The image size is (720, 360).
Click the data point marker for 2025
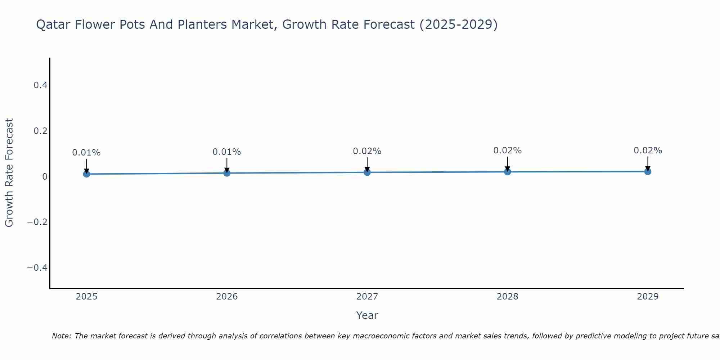pyautogui.click(x=86, y=174)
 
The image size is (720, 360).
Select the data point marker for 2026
pyautogui.click(x=227, y=173)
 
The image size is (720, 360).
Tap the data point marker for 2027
pyautogui.click(x=367, y=172)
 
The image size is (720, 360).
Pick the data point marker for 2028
pyautogui.click(x=508, y=172)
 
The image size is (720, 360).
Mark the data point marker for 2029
pyautogui.click(x=648, y=171)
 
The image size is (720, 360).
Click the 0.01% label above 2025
pyautogui.click(x=86, y=153)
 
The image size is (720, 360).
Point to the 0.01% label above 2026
pyautogui.click(x=227, y=152)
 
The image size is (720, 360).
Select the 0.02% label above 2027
pyautogui.click(x=367, y=151)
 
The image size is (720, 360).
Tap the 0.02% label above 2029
pyautogui.click(x=648, y=150)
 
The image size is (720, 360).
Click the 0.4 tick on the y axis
pyautogui.click(x=41, y=85)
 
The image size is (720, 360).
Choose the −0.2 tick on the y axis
pyautogui.click(x=37, y=222)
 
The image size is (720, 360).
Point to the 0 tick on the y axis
pyautogui.click(x=45, y=176)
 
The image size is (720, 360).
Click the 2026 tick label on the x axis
pyautogui.click(x=227, y=297)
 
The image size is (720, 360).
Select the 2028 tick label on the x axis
pyautogui.click(x=508, y=297)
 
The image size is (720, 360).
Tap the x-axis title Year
pyautogui.click(x=367, y=315)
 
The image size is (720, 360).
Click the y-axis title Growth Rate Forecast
pyautogui.click(x=9, y=172)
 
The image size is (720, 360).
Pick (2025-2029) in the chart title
pyautogui.click(x=459, y=25)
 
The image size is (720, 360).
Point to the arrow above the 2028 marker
pyautogui.click(x=508, y=164)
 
